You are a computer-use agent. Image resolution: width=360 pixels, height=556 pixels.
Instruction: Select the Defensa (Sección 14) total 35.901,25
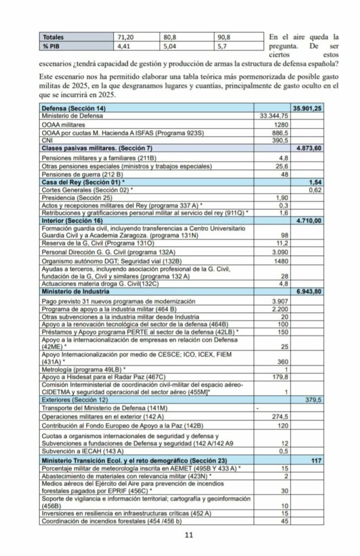click(x=308, y=109)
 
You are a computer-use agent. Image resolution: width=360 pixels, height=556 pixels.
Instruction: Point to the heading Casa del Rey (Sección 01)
click(x=83, y=182)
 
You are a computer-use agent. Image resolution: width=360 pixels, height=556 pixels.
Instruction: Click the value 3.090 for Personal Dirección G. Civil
click(x=279, y=252)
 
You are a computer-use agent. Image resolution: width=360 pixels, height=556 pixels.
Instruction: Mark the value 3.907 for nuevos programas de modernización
click(x=279, y=301)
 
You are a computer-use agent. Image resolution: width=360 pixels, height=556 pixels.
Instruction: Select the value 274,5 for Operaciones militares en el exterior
click(x=279, y=415)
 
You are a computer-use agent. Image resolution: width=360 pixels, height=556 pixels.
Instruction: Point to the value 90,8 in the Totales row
click(x=224, y=37)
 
